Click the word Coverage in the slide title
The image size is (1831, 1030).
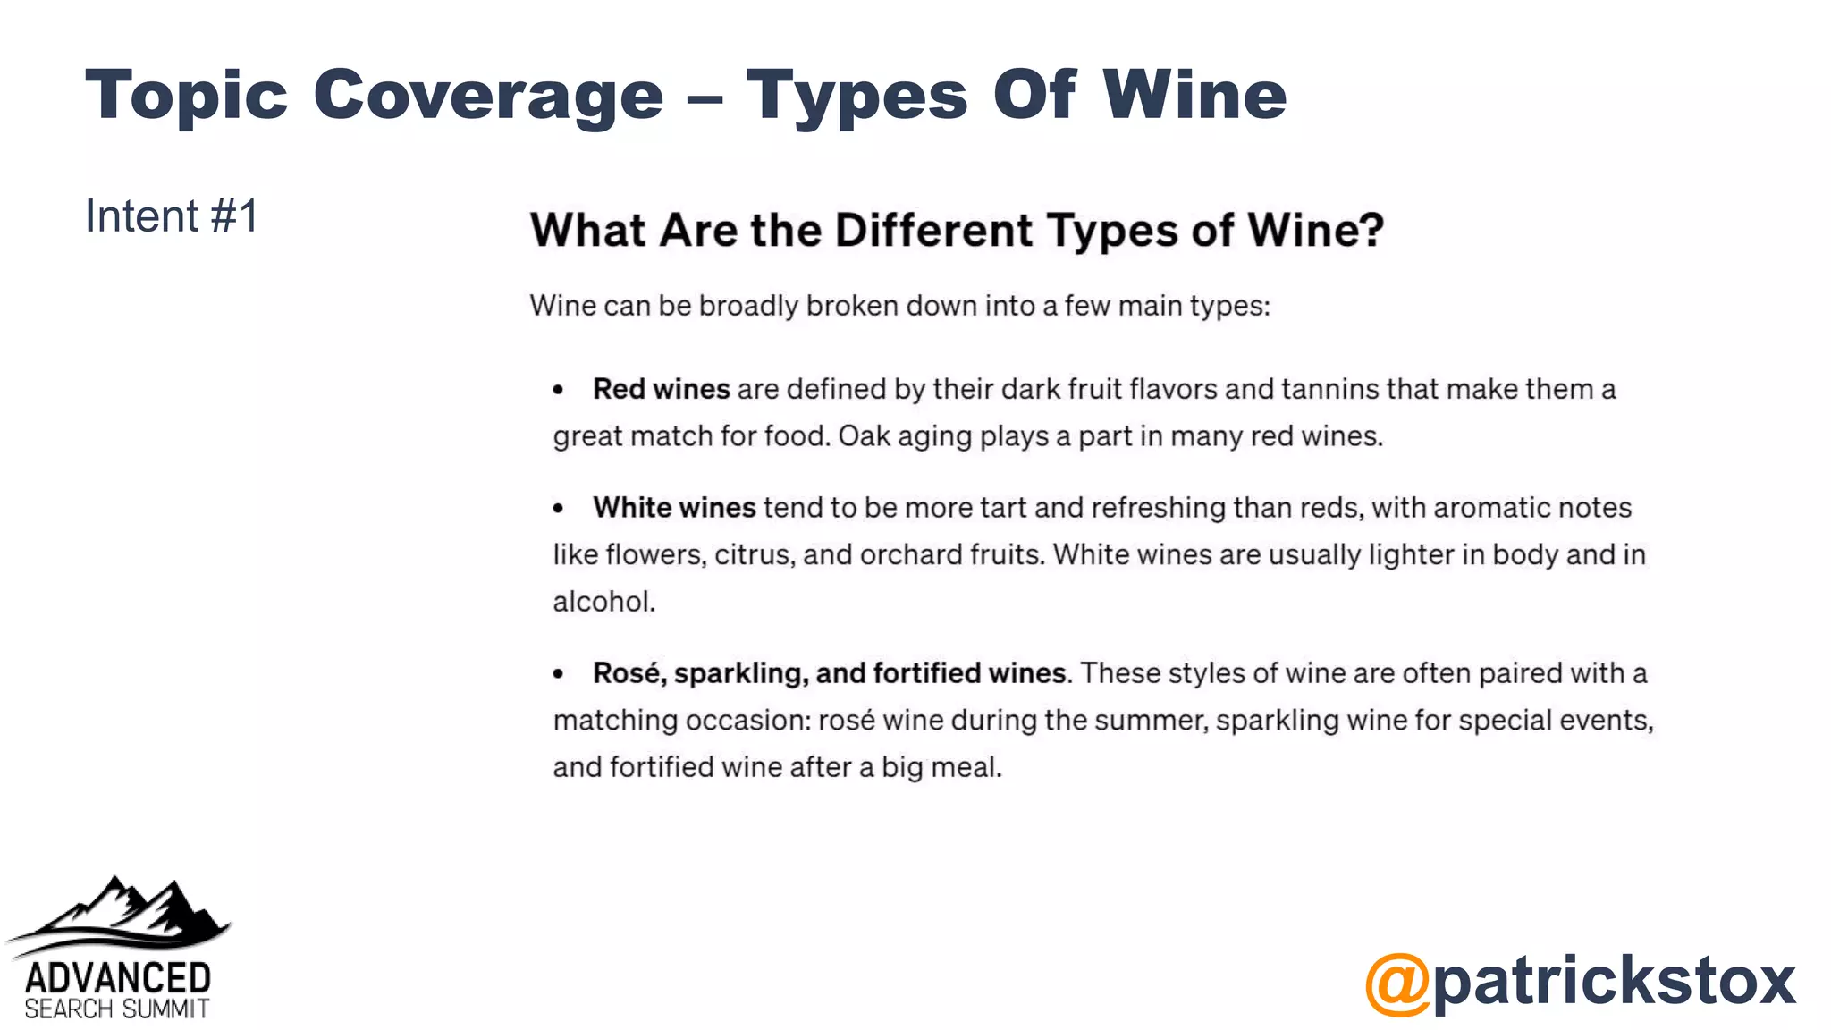coord(488,96)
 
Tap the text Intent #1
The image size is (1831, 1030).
coord(172,216)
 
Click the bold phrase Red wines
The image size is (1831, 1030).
coord(662,389)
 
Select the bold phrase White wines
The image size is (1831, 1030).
coord(674,508)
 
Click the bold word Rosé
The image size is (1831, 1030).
coord(629,672)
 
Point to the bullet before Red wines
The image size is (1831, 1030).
coord(559,390)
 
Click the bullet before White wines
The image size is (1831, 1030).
coord(559,509)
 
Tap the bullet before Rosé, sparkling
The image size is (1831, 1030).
coord(559,674)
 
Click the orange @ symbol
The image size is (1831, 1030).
coord(1397,984)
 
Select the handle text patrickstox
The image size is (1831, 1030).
coord(1614,980)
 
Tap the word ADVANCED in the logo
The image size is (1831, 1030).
coord(118,978)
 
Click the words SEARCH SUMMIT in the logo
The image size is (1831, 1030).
coord(117,1009)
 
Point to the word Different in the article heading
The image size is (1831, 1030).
coord(934,231)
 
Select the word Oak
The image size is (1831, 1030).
coord(864,436)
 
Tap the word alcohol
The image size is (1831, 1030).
coord(603,602)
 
